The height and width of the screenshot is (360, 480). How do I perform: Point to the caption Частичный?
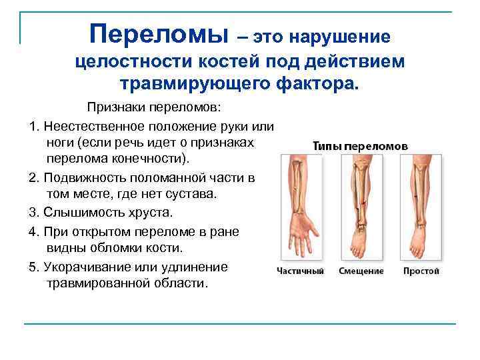click(301, 271)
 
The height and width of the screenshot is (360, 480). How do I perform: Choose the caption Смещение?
click(361, 271)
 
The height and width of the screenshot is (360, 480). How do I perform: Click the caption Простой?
click(421, 271)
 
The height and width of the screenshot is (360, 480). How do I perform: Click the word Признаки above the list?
click(114, 108)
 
